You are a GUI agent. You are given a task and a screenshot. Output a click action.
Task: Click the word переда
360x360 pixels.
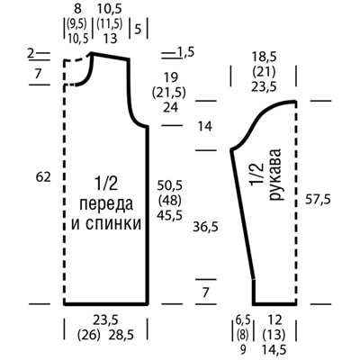106,204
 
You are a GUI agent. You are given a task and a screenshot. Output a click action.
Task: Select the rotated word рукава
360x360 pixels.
275,174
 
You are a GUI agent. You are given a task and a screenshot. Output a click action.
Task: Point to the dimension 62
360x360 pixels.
43,177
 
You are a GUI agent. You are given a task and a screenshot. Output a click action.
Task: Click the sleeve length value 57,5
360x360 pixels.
318,200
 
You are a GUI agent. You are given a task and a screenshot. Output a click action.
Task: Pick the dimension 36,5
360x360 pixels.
205,228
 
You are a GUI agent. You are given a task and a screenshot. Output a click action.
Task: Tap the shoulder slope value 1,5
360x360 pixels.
184,52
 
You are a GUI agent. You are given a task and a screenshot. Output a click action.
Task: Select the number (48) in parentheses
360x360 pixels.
170,201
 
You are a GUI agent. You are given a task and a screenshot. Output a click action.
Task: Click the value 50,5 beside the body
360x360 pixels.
170,185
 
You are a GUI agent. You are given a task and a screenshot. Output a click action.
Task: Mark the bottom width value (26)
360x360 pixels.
88,335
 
